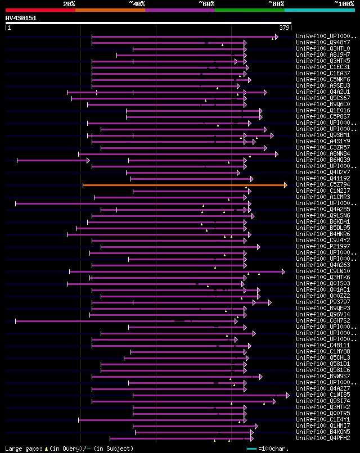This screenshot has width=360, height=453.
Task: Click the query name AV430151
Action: (x=21, y=18)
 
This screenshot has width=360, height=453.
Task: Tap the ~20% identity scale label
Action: (x=69, y=4)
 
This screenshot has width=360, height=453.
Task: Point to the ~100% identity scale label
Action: (x=344, y=4)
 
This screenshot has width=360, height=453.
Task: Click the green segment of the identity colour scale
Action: (x=249, y=10)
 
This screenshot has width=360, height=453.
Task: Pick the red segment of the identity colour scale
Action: (x=40, y=10)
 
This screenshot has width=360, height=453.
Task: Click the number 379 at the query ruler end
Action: (x=284, y=28)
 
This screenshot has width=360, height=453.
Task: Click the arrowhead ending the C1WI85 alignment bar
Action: (x=287, y=395)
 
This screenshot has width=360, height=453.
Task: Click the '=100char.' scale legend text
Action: (x=272, y=449)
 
